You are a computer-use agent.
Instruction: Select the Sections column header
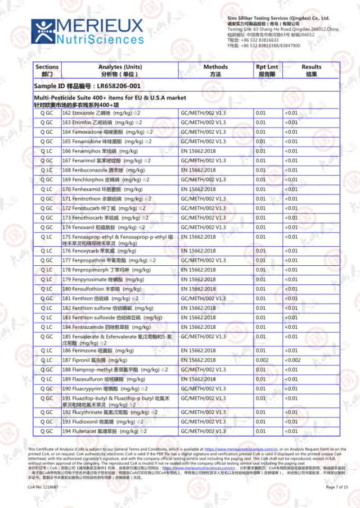pyautogui.click(x=46, y=70)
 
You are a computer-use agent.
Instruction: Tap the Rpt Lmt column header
pyautogui.click(x=267, y=70)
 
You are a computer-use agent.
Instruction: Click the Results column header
pyautogui.click(x=311, y=70)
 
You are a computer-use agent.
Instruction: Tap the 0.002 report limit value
pyautogui.click(x=262, y=360)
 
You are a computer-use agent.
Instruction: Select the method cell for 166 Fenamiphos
pyautogui.click(x=200, y=151)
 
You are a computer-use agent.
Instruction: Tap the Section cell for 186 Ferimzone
pyautogui.click(x=46, y=351)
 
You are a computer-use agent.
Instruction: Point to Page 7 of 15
pyautogui.click(x=337, y=487)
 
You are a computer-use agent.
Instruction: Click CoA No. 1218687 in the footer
pyautogui.click(x=43, y=487)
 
